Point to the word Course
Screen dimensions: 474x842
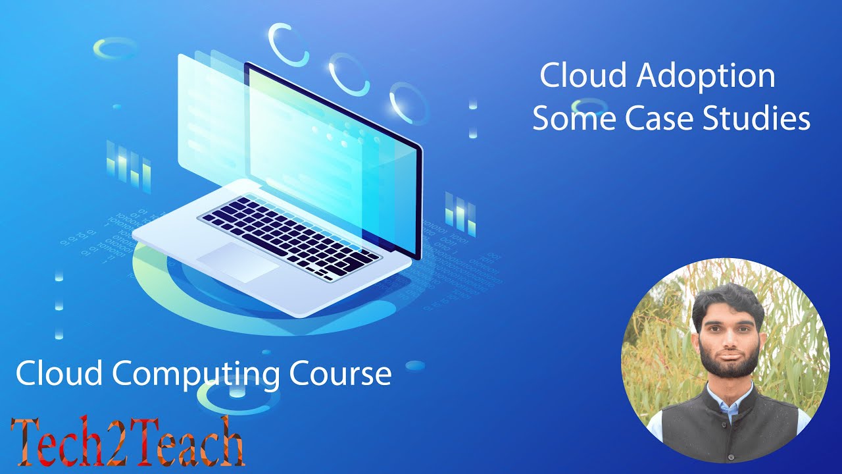tap(341, 373)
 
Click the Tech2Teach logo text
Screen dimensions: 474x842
tap(128, 441)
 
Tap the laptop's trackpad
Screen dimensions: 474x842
tap(237, 262)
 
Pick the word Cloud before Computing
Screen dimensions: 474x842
tap(59, 373)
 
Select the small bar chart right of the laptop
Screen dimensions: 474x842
tap(460, 213)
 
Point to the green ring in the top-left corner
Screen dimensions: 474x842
tap(116, 47)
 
